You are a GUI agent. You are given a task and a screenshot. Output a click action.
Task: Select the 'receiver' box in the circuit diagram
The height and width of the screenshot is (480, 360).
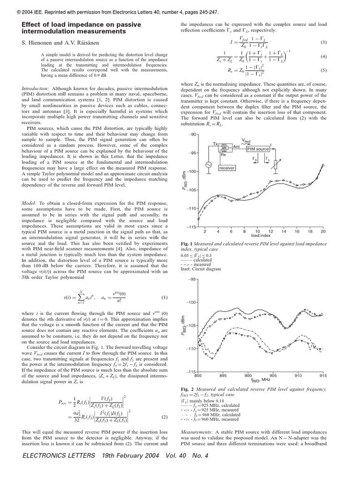tap(226, 167)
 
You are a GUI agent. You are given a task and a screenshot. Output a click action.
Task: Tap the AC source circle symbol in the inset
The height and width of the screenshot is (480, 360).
tap(207, 165)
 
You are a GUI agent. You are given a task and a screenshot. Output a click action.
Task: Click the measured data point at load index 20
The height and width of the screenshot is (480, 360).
tap(323, 165)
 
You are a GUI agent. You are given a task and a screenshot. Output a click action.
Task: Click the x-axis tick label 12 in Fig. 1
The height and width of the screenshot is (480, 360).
tap(270, 232)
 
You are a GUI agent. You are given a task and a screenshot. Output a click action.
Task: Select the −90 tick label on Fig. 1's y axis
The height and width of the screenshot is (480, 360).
tap(192, 135)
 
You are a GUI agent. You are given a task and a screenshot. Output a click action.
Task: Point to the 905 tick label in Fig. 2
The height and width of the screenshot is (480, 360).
tap(273, 375)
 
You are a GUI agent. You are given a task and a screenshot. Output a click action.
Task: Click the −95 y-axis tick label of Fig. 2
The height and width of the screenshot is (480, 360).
tap(192, 279)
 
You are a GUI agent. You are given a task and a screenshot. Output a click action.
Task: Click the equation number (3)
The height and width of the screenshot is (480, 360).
tap(323, 42)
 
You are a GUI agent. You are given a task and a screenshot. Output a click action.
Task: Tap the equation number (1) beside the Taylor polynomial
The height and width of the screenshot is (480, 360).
tap(165, 298)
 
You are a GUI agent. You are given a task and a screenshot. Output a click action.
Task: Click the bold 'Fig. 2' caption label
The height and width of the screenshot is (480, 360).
tap(187, 390)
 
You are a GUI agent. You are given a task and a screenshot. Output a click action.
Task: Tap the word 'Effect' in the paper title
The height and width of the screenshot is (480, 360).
tap(30, 24)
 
